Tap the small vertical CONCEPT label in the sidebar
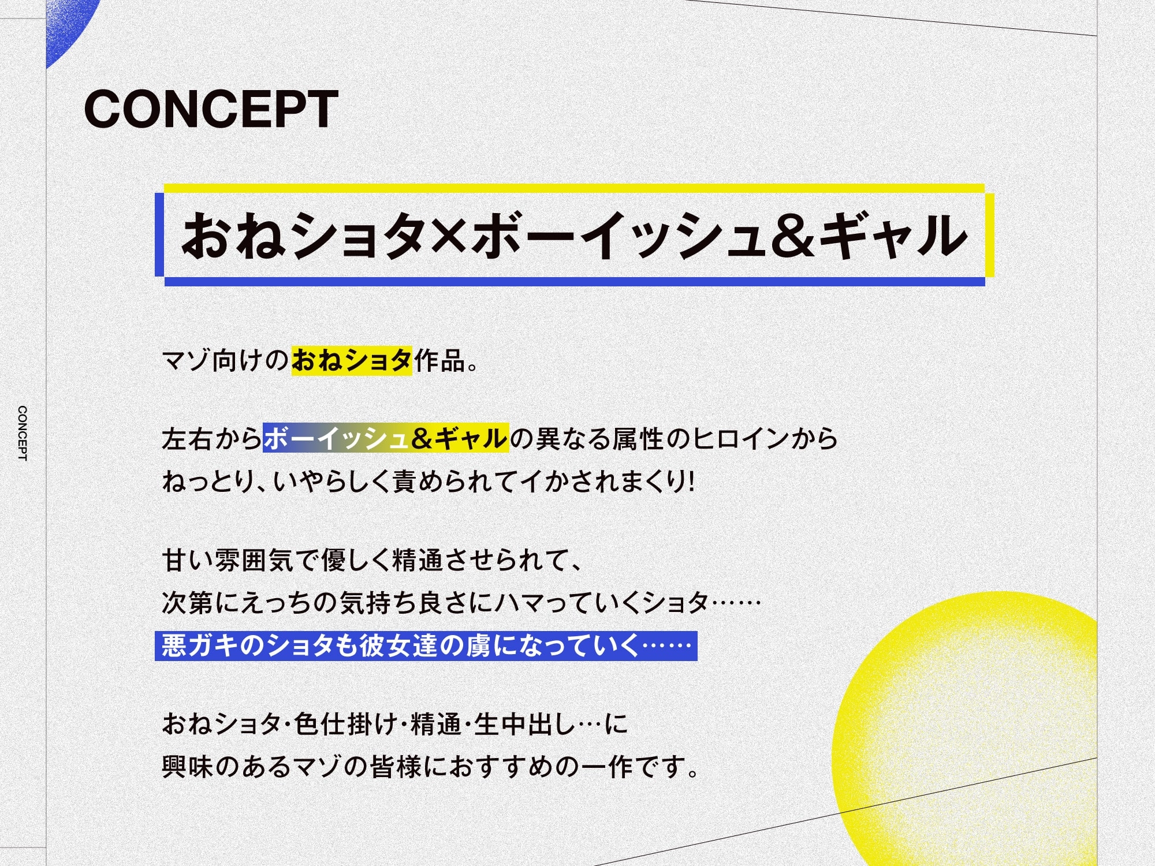click(23, 433)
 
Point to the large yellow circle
click(970, 727)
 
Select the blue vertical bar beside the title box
click(159, 234)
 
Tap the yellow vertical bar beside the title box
click(989, 235)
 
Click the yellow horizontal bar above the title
click(574, 188)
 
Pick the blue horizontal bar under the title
click(575, 282)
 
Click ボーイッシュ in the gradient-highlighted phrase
click(337, 438)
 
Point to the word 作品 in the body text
click(439, 361)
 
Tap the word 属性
click(638, 439)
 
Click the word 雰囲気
click(254, 560)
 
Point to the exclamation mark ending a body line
click(691, 481)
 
